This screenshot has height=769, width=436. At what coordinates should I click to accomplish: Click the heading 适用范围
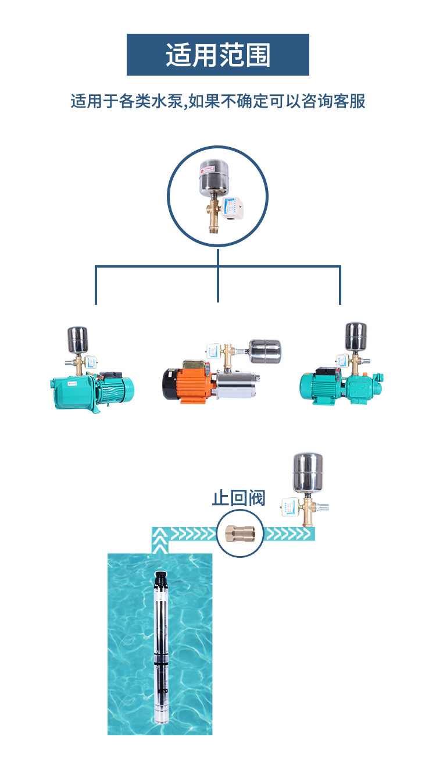pos(218,55)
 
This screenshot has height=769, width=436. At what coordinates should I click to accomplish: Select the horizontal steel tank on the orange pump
pos(265,350)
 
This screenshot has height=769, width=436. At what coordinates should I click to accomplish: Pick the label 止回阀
pos(238,499)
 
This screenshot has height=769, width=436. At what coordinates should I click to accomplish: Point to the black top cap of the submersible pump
pos(160,579)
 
